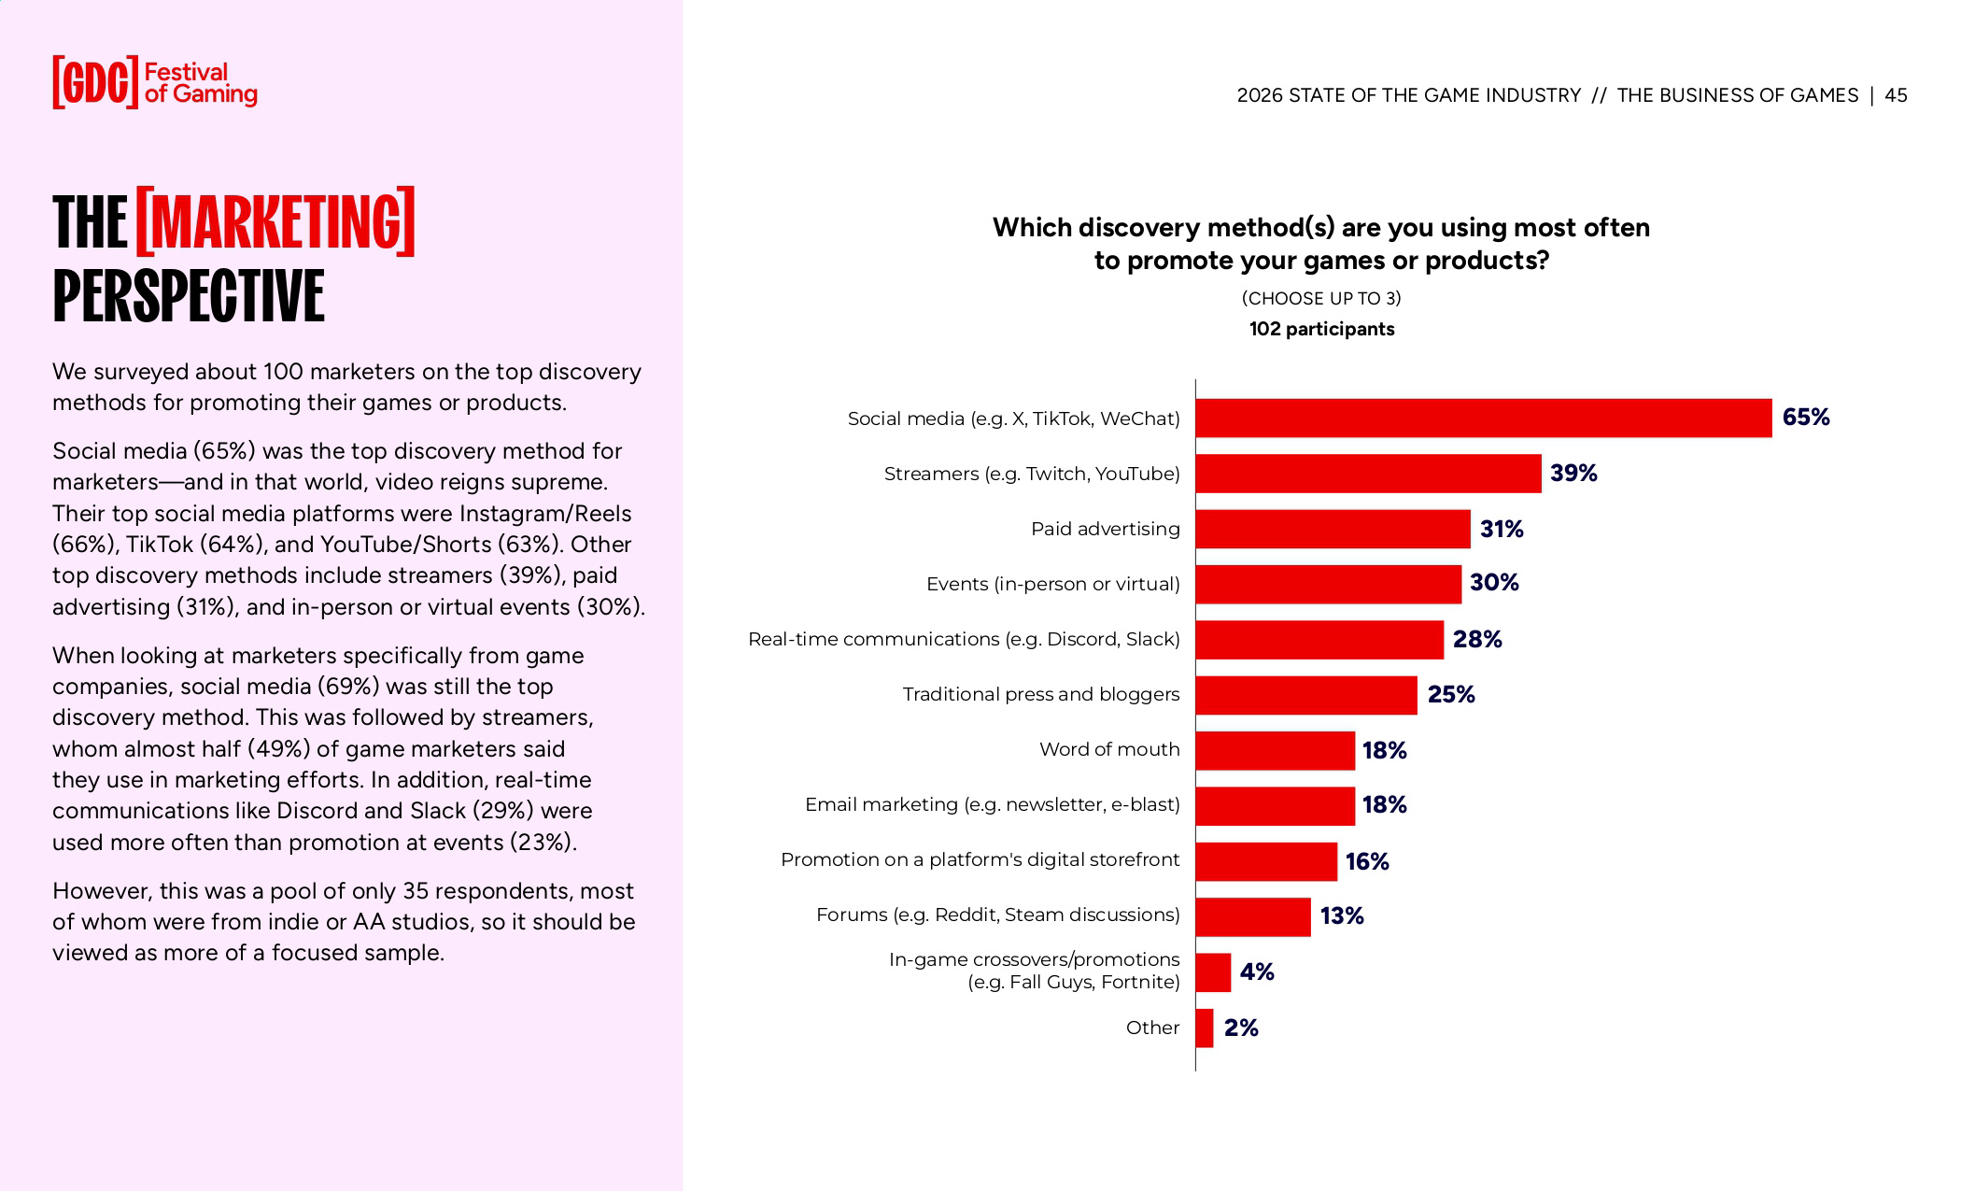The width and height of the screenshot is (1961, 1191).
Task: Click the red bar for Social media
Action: click(1483, 418)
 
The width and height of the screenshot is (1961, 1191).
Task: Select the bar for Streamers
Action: click(1368, 474)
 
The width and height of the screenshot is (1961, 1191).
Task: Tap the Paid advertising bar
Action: click(1333, 529)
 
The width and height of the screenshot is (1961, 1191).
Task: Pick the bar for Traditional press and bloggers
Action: click(1305, 695)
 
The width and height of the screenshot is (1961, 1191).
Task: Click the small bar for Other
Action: click(1205, 1028)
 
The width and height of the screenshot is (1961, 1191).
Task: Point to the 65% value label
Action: click(1805, 418)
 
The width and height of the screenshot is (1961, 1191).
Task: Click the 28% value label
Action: click(1476, 640)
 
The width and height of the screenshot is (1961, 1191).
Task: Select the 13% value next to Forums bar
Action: click(1341, 916)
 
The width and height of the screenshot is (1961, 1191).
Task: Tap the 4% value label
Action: click(1256, 972)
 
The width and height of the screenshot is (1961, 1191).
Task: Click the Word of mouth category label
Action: click(1108, 750)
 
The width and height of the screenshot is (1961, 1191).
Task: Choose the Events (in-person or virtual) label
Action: click(1052, 585)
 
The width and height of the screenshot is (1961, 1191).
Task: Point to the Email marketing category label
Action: click(992, 805)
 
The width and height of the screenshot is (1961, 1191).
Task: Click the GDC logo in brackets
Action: click(95, 82)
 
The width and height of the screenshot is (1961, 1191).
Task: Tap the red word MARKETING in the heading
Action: click(275, 222)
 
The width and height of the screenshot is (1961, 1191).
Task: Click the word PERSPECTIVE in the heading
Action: click(189, 296)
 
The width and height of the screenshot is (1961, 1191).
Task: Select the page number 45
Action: click(1896, 95)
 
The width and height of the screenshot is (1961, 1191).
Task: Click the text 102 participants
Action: click(1321, 329)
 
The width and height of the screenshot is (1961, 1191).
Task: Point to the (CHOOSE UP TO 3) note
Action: click(1321, 298)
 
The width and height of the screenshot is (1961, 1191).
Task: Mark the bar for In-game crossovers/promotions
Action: click(1213, 972)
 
